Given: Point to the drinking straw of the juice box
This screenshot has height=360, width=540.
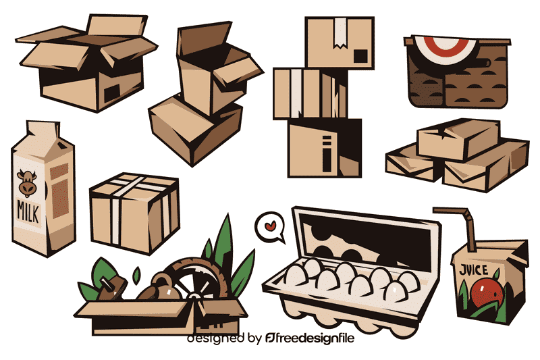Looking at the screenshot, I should coord(454,219).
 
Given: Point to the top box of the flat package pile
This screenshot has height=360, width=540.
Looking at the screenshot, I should coord(458,139).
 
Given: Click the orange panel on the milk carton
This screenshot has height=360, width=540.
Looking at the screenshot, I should coord(59,186).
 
